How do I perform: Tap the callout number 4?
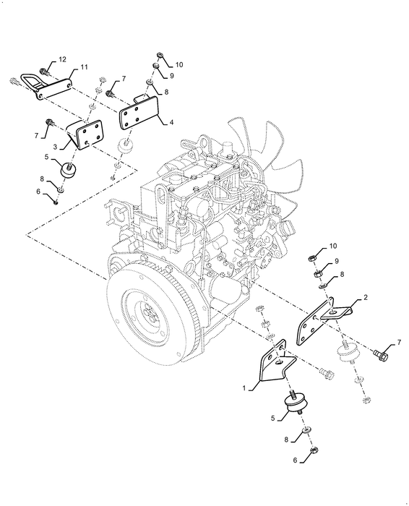click(x=171, y=122)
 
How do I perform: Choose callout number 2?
click(x=366, y=298)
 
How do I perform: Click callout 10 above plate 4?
click(x=179, y=64)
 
